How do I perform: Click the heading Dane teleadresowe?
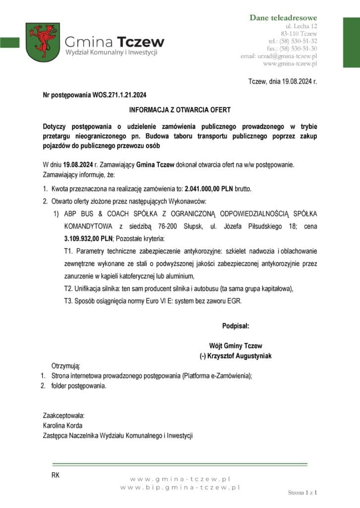283,18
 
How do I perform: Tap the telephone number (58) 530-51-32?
299,41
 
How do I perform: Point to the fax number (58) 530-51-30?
299,48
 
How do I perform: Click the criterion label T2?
68,289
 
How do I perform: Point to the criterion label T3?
68,301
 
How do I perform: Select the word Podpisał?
236,326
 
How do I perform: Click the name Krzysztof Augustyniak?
240,356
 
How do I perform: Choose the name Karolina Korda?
62,425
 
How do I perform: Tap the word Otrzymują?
65,366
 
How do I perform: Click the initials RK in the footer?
55,475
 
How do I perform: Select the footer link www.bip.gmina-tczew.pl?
180,488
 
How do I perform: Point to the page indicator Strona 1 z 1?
302,493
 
